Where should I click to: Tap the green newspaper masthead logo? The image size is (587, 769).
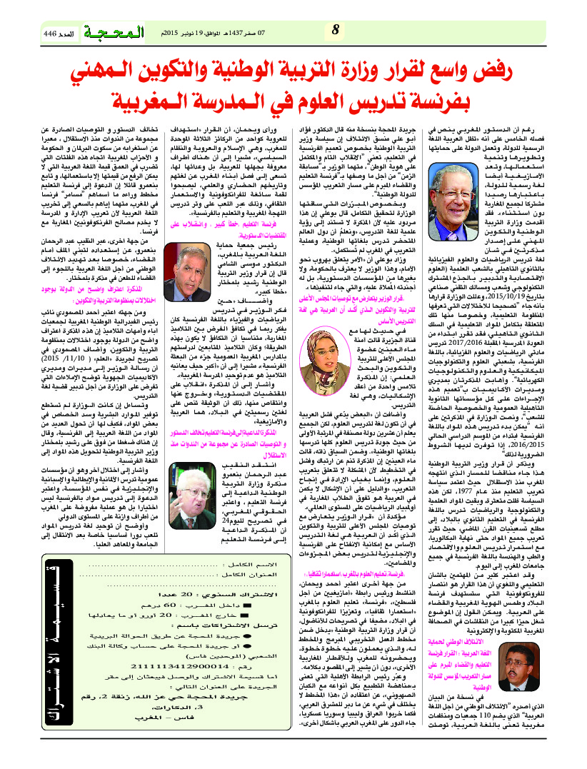click(x=111, y=31)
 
